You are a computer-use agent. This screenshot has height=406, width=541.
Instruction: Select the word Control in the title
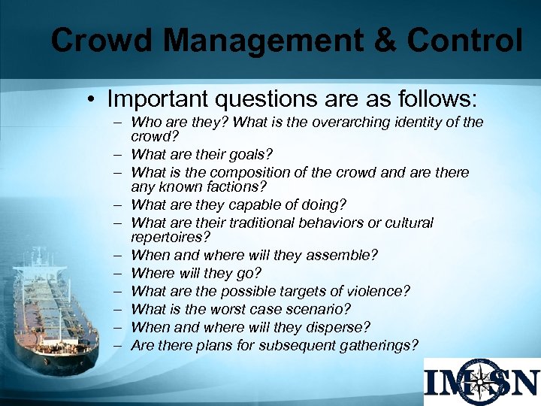464,41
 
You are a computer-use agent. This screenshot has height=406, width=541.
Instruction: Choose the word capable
252,204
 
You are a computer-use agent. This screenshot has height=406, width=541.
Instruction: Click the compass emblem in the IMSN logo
480,382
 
